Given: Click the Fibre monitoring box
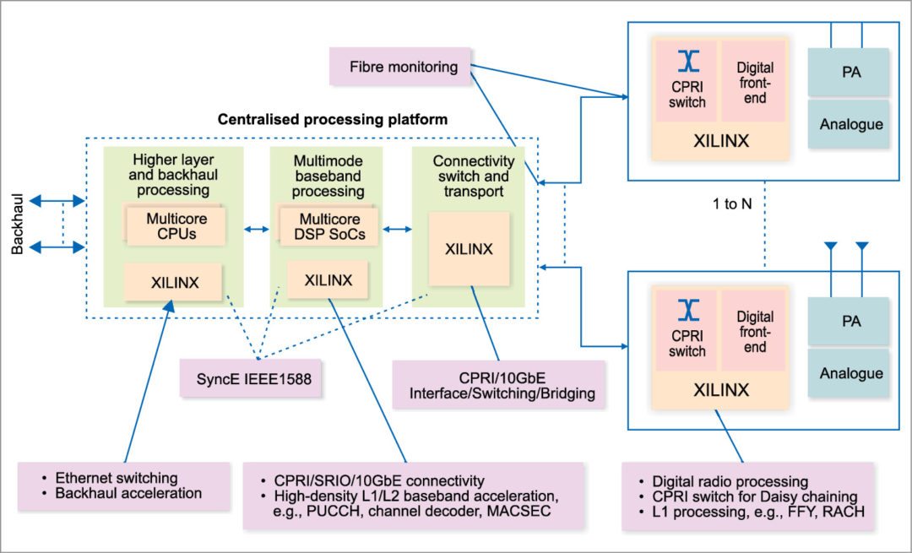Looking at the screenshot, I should (x=400, y=67).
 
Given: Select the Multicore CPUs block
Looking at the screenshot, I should (x=176, y=225).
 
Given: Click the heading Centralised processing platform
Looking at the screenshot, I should (x=333, y=120).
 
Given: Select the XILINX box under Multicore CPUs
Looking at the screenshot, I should (x=175, y=283).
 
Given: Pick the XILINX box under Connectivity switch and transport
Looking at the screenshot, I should (x=469, y=249).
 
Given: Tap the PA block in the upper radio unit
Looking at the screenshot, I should (x=851, y=73).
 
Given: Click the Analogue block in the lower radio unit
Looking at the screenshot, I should (x=851, y=373).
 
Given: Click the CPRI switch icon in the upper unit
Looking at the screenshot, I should (x=689, y=60).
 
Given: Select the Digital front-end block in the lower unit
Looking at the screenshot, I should (x=754, y=332).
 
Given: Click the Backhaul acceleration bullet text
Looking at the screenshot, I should (x=128, y=493).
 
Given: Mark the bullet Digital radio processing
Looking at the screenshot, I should (x=730, y=481).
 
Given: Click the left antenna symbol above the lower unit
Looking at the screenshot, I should (x=830, y=247).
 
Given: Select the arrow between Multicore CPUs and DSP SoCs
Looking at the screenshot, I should (x=257, y=228).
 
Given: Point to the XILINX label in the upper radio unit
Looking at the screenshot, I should (x=720, y=141).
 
